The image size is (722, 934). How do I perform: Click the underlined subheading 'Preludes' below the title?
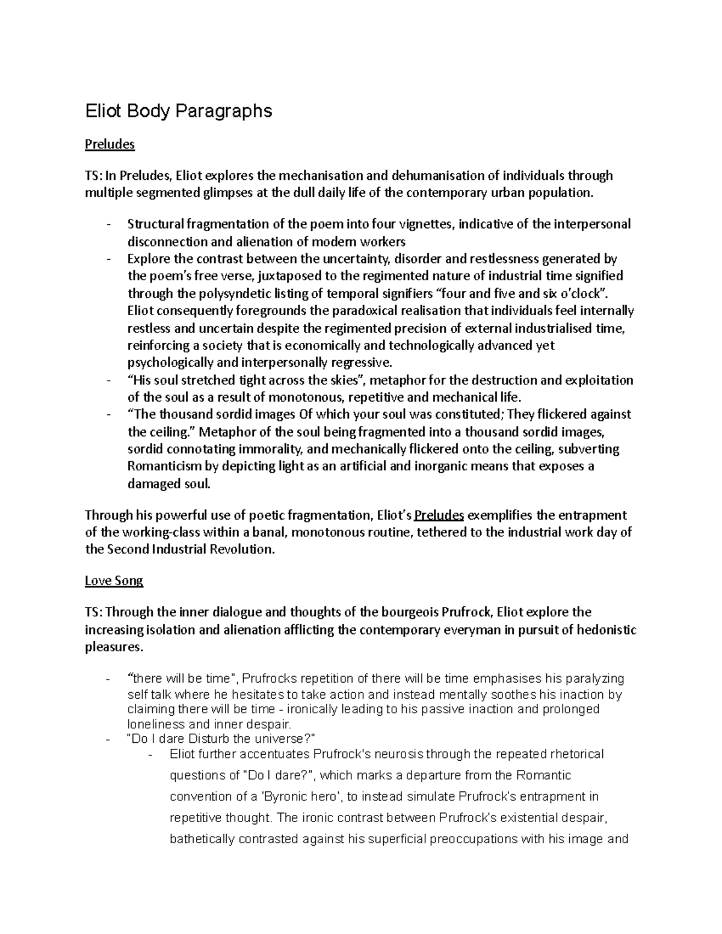coord(110,144)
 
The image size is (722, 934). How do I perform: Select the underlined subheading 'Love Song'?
coord(114,581)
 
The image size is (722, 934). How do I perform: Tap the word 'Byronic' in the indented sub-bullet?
coord(283,796)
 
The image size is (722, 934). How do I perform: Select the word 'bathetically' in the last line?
coord(202,839)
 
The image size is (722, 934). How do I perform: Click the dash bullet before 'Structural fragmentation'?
coord(108,225)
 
